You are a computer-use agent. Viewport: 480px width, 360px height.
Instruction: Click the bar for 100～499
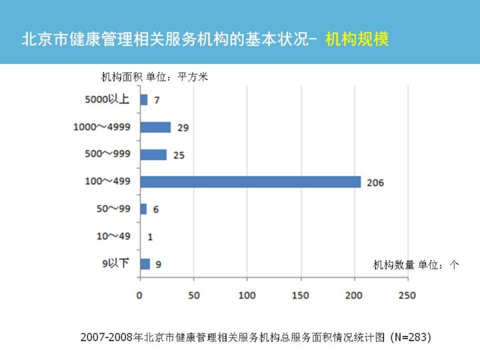(250, 182)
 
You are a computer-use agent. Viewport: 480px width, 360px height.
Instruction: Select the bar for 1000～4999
(155, 127)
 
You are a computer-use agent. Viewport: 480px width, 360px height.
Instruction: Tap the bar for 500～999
(153, 155)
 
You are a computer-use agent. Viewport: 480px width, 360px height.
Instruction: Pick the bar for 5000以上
(144, 100)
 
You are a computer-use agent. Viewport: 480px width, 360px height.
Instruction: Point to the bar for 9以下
(145, 264)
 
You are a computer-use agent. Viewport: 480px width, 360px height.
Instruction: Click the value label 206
(375, 182)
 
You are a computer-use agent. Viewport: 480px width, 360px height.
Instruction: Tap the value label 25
(179, 155)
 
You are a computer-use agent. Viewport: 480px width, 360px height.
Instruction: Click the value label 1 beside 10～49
(150, 237)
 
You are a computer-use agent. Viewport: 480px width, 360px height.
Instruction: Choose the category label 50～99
(113, 209)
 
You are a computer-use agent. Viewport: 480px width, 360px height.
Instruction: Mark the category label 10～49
(113, 237)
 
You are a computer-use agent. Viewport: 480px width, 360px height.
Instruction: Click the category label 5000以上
(107, 100)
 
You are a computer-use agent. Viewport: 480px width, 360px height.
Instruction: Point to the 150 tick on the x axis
(301, 295)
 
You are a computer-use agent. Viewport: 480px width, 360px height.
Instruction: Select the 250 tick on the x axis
(407, 295)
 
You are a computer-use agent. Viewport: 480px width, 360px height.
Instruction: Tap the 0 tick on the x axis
(140, 295)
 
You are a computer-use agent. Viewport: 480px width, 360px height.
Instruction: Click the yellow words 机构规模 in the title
(357, 39)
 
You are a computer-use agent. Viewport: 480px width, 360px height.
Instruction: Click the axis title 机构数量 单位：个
(416, 265)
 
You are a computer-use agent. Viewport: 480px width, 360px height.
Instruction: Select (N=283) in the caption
(411, 337)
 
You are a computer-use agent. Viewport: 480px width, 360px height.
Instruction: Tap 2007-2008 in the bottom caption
(107, 338)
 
